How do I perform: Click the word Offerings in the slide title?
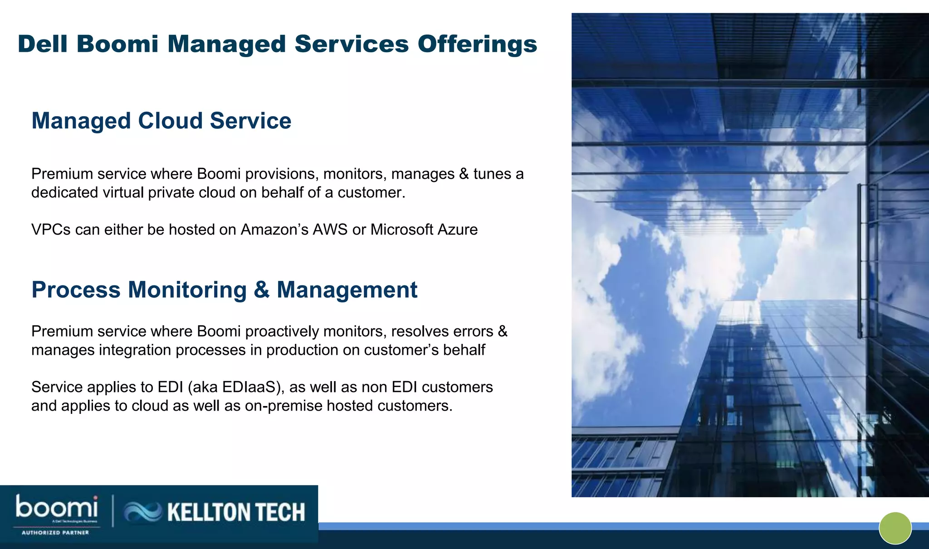tap(477, 44)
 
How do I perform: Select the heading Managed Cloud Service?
tap(161, 121)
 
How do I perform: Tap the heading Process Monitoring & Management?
tap(224, 290)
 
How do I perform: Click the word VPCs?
tap(51, 230)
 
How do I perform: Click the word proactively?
tap(282, 332)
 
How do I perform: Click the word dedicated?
tap(64, 193)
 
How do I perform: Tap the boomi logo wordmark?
tap(57, 507)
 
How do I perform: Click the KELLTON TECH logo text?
tap(236, 512)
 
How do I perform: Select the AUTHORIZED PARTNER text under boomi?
tap(55, 533)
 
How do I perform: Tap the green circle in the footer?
tap(895, 528)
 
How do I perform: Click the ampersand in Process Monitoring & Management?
tap(262, 290)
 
